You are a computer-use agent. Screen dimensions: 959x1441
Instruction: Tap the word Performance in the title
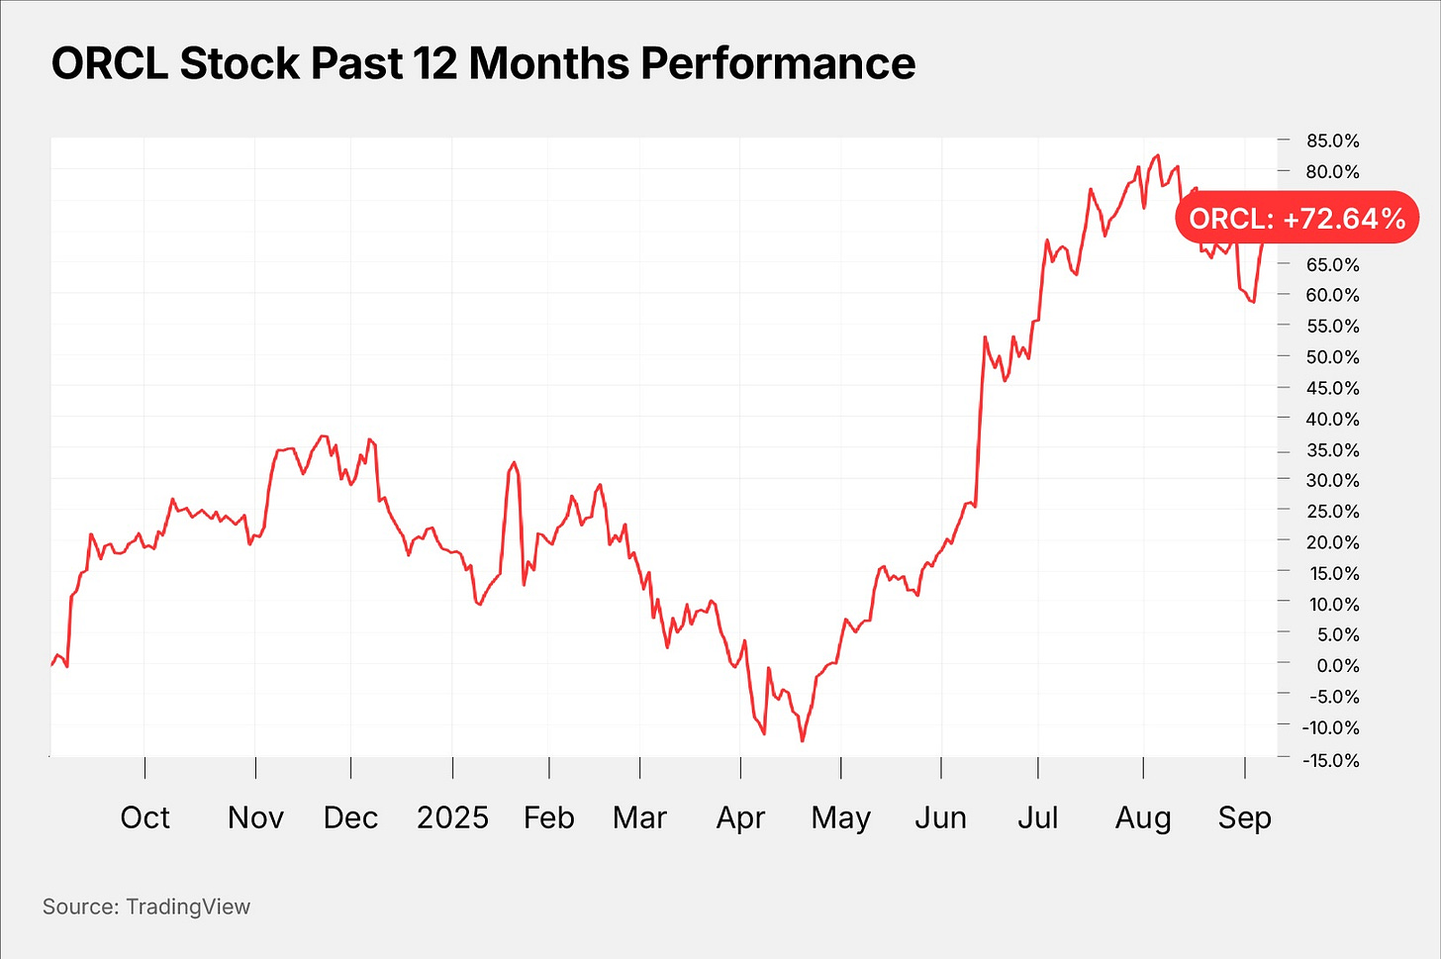pos(778,64)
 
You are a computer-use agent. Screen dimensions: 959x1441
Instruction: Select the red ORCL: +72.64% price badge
pos(1297,218)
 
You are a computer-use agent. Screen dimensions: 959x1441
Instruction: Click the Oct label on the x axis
pos(144,817)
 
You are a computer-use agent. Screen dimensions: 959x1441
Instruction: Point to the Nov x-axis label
pos(255,817)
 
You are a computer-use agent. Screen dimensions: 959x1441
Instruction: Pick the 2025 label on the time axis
pos(452,817)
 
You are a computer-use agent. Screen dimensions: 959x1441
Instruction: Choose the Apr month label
pos(740,817)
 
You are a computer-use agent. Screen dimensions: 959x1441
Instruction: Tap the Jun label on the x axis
pos(940,817)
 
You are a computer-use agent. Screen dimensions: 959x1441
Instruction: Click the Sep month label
pos(1244,817)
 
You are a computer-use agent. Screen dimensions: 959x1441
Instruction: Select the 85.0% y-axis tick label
pos(1332,141)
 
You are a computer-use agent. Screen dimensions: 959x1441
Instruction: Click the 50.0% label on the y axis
pos(1332,356)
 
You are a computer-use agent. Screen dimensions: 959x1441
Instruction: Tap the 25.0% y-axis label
pos(1332,511)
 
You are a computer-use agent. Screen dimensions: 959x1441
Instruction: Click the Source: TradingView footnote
pos(146,907)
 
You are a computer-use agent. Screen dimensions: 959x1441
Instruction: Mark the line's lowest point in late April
pos(803,740)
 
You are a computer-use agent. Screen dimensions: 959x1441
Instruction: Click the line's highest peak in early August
pos(1157,155)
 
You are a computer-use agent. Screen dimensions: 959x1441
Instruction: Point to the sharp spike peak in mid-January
pos(514,462)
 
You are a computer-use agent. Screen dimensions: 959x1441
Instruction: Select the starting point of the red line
pos(51,665)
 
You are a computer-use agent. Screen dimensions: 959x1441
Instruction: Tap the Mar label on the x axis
pos(639,817)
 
